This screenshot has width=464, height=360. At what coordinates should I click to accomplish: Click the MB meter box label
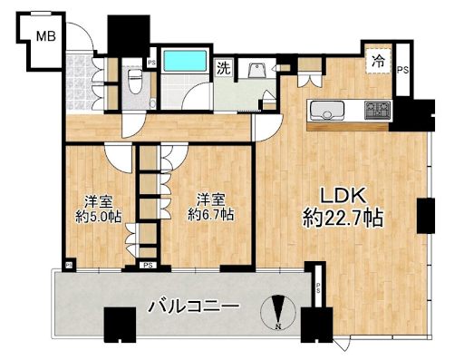point(46,36)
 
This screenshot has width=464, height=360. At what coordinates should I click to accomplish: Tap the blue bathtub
point(185,61)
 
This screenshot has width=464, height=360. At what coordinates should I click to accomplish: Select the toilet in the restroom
point(133,83)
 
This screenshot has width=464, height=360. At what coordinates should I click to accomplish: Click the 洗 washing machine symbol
point(224,68)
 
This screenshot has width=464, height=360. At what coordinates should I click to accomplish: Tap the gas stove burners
point(378,110)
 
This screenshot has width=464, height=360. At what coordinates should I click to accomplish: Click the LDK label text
point(343,196)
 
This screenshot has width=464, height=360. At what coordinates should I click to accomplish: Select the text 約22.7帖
point(343,218)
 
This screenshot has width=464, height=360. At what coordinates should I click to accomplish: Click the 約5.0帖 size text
point(99,217)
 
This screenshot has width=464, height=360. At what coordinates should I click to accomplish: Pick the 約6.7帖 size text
point(210,215)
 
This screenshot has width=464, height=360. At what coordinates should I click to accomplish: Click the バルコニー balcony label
point(193,306)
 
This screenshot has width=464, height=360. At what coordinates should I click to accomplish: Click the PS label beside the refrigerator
point(402,70)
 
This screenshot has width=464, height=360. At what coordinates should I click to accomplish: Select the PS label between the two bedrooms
point(148,266)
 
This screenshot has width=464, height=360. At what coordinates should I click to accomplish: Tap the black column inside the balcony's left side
point(120,325)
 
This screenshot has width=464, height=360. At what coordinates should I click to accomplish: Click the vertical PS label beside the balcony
point(318,286)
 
